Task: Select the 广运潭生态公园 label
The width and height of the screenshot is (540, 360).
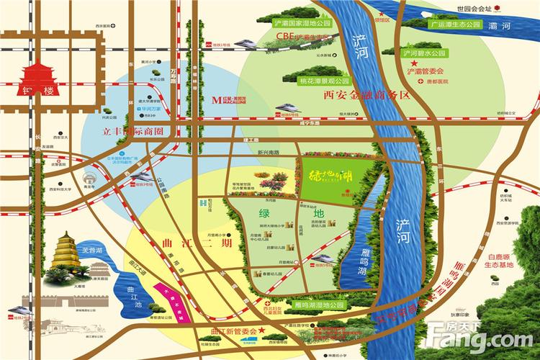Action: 454,24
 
